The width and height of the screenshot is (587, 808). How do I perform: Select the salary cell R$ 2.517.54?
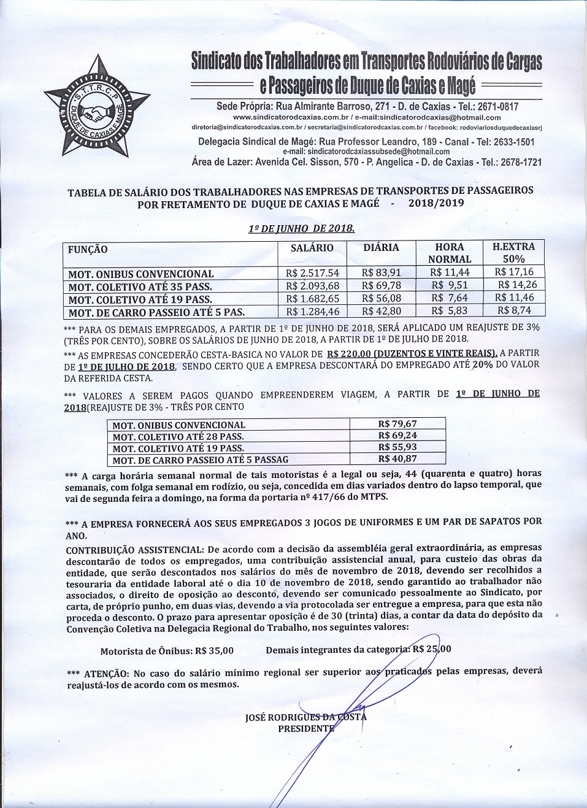point(312,273)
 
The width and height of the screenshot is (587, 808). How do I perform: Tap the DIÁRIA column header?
point(381,248)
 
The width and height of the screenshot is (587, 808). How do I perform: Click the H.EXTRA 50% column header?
point(513,253)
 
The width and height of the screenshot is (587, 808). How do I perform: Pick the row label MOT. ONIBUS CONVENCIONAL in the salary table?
point(141,274)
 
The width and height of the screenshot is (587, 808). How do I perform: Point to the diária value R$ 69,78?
point(381,286)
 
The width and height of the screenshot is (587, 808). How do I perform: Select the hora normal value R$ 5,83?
point(449,311)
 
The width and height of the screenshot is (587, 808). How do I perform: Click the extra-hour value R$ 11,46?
point(514,298)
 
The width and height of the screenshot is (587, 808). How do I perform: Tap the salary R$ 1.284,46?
point(312,312)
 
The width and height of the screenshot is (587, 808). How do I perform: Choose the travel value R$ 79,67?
point(397,424)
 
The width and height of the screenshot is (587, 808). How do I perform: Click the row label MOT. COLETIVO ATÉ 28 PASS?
point(178,437)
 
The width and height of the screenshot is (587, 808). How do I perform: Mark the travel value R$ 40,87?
point(397,459)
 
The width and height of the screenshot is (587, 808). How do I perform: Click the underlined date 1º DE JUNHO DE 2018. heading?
point(301,229)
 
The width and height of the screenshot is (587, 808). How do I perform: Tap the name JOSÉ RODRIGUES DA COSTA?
point(305,717)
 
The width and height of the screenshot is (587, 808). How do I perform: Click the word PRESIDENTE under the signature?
point(306,729)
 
